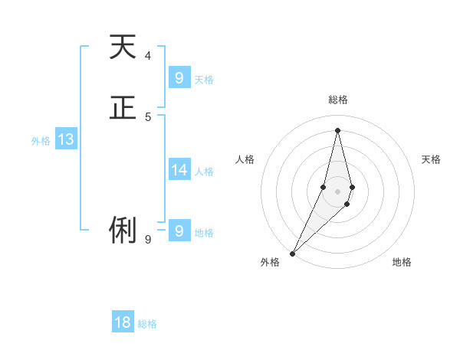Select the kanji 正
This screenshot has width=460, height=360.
[123, 107]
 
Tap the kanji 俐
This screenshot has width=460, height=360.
[123, 230]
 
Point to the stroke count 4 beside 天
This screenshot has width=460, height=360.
[147, 55]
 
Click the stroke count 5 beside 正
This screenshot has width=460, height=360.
[147, 116]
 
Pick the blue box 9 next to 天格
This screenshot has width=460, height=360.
[179, 78]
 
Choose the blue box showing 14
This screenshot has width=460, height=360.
[179, 170]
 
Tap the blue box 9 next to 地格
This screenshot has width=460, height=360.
[179, 230]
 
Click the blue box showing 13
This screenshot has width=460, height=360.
[65, 139]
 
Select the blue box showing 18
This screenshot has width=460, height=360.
[123, 322]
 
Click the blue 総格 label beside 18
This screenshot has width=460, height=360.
[147, 324]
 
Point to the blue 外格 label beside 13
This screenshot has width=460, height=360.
[41, 141]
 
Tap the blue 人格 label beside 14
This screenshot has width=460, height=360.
[204, 172]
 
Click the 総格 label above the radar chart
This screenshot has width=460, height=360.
[337, 100]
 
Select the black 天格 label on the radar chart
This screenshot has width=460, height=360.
[431, 159]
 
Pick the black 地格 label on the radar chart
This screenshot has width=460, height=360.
[402, 262]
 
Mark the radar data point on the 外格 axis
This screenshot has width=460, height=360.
[293, 253]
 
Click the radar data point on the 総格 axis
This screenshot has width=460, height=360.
[337, 130]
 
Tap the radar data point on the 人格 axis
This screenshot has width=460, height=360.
[324, 187]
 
